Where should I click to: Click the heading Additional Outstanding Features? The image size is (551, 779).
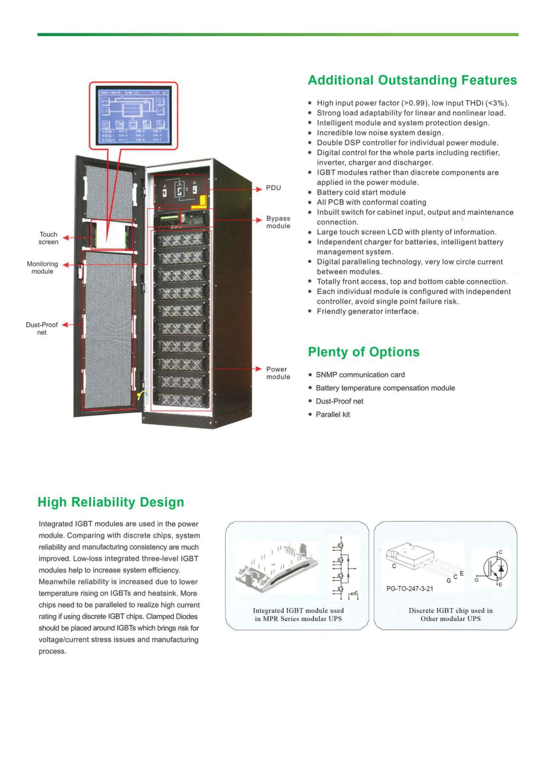(412, 80)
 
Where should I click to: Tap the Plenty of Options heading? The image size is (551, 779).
(363, 352)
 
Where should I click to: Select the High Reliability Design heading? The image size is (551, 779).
(111, 502)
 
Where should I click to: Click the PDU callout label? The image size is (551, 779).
(273, 188)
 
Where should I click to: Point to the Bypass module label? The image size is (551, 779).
(278, 222)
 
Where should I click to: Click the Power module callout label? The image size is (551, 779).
(278, 373)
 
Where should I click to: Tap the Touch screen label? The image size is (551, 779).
(48, 238)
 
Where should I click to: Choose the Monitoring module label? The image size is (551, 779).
(42, 268)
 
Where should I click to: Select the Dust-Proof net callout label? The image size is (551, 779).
(42, 328)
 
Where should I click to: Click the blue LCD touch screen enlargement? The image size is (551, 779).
(134, 116)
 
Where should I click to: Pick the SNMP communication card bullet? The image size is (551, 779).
(360, 375)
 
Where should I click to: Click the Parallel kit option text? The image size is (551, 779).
(332, 415)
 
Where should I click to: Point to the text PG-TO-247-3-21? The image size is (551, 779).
(409, 588)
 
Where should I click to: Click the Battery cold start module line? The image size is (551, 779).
(361, 193)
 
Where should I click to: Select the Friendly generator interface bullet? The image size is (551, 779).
(367, 311)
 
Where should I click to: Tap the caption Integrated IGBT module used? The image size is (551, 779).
(298, 610)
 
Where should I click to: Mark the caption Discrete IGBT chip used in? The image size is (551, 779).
(450, 610)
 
